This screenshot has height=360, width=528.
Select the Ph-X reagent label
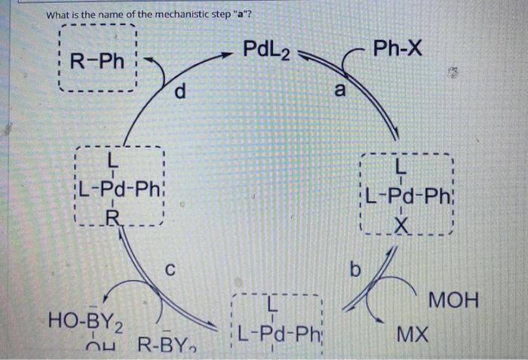pos(398,51)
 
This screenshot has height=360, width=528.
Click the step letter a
pos(340,91)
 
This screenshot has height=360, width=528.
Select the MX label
pos(413,331)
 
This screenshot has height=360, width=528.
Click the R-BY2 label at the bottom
pos(168,349)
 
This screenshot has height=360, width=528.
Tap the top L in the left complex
pos(112,160)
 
